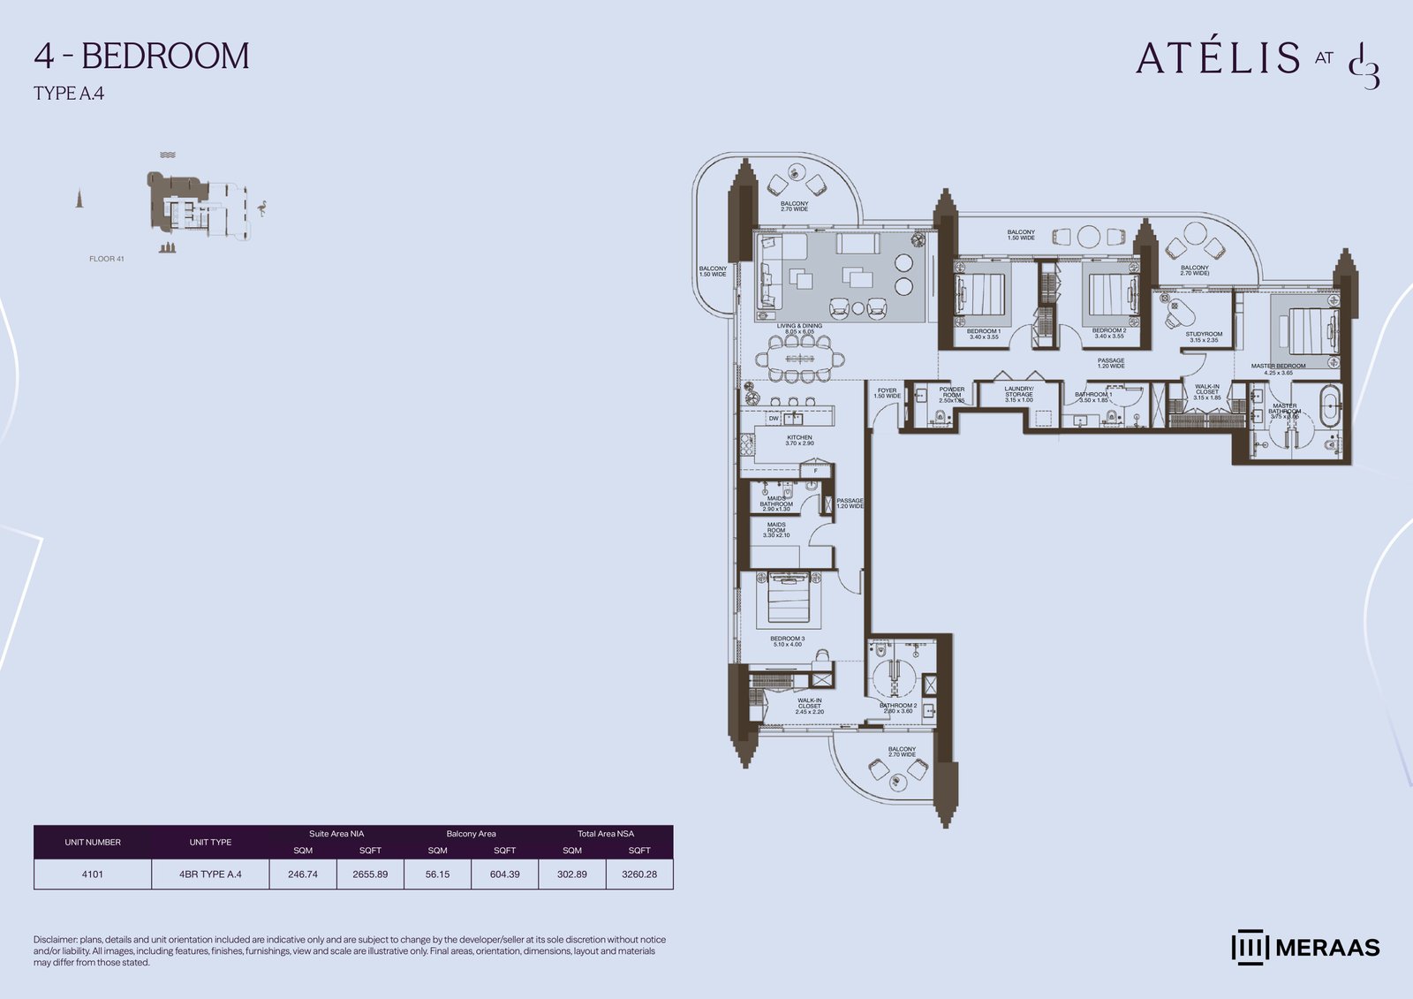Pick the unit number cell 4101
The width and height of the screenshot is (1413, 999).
93,874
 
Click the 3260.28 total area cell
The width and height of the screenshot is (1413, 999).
639,874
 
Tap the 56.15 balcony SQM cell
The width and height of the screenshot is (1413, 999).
437,874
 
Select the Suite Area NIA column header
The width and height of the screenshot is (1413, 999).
336,833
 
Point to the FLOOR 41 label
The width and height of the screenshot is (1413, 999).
107,259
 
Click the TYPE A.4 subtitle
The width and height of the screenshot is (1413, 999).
69,94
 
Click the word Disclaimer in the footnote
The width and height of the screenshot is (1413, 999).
55,940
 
